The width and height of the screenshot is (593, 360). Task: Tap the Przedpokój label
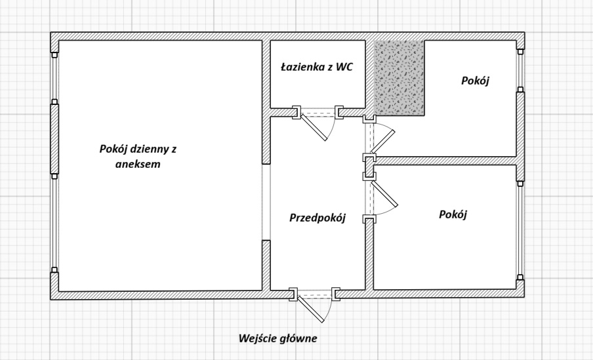(317, 218)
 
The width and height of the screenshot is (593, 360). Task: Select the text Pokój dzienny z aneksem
(138, 157)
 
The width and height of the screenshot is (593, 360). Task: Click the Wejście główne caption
(277, 339)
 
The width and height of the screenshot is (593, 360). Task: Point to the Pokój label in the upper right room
(476, 81)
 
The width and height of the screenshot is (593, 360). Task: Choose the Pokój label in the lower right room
(453, 214)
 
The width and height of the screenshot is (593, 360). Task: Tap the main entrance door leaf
(311, 308)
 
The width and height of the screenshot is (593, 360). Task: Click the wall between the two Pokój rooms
(446, 161)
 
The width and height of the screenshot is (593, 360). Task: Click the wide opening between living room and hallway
(266, 202)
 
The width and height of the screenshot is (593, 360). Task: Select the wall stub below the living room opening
(266, 265)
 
